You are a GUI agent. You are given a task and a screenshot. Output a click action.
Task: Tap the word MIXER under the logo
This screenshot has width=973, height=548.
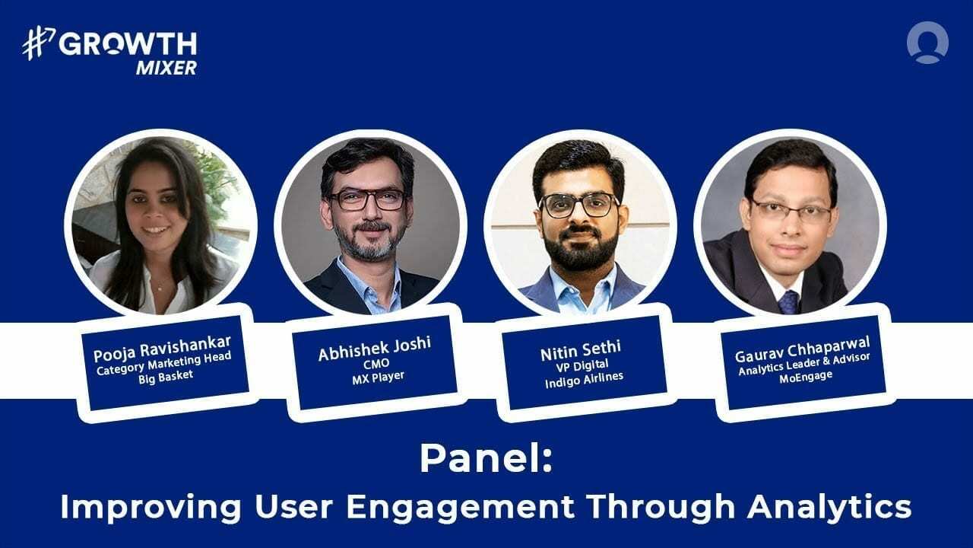(166, 68)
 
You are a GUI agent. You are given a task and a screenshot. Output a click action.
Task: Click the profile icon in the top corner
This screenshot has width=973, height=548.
(927, 43)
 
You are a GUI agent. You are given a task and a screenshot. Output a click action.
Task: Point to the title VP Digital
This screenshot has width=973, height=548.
(582, 365)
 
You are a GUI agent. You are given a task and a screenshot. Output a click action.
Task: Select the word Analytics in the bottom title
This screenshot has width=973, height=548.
(827, 506)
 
